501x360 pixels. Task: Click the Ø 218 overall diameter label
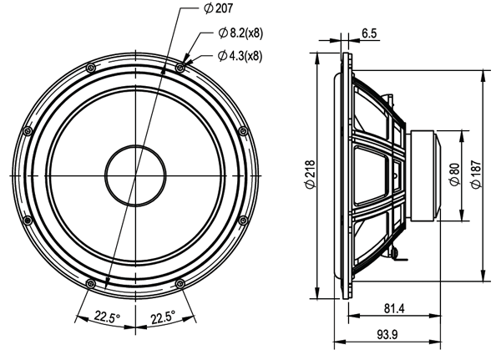point(311,174)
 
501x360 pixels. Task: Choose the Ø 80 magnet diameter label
point(454,174)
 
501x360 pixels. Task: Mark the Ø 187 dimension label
point(475,174)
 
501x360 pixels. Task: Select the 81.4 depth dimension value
point(395,309)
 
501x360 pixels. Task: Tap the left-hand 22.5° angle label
point(106,317)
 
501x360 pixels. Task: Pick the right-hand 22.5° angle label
point(162,317)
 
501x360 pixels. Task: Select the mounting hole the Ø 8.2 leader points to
point(180,66)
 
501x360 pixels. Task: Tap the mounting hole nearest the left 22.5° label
point(89,283)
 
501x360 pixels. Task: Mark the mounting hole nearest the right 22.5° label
point(180,283)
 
